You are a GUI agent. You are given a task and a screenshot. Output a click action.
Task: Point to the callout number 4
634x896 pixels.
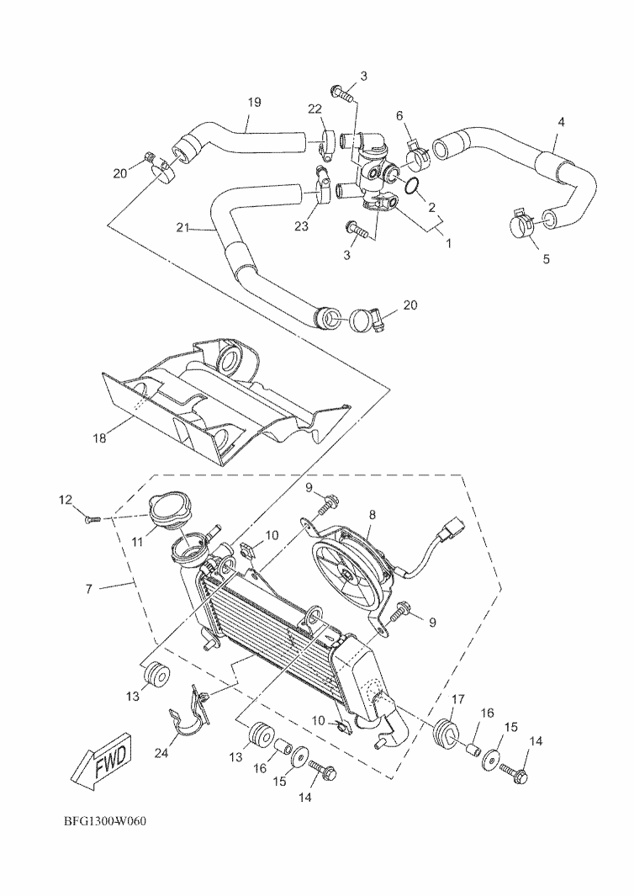(x=561, y=121)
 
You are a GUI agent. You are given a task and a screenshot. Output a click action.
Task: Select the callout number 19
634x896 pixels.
(x=255, y=102)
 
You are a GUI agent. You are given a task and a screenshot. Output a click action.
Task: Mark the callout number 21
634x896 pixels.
(x=182, y=227)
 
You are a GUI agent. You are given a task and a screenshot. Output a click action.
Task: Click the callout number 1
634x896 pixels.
(x=448, y=243)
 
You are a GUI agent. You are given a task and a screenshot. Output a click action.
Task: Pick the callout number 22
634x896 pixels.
(x=314, y=110)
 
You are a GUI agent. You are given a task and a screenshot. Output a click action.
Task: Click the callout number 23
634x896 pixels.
(x=301, y=226)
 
